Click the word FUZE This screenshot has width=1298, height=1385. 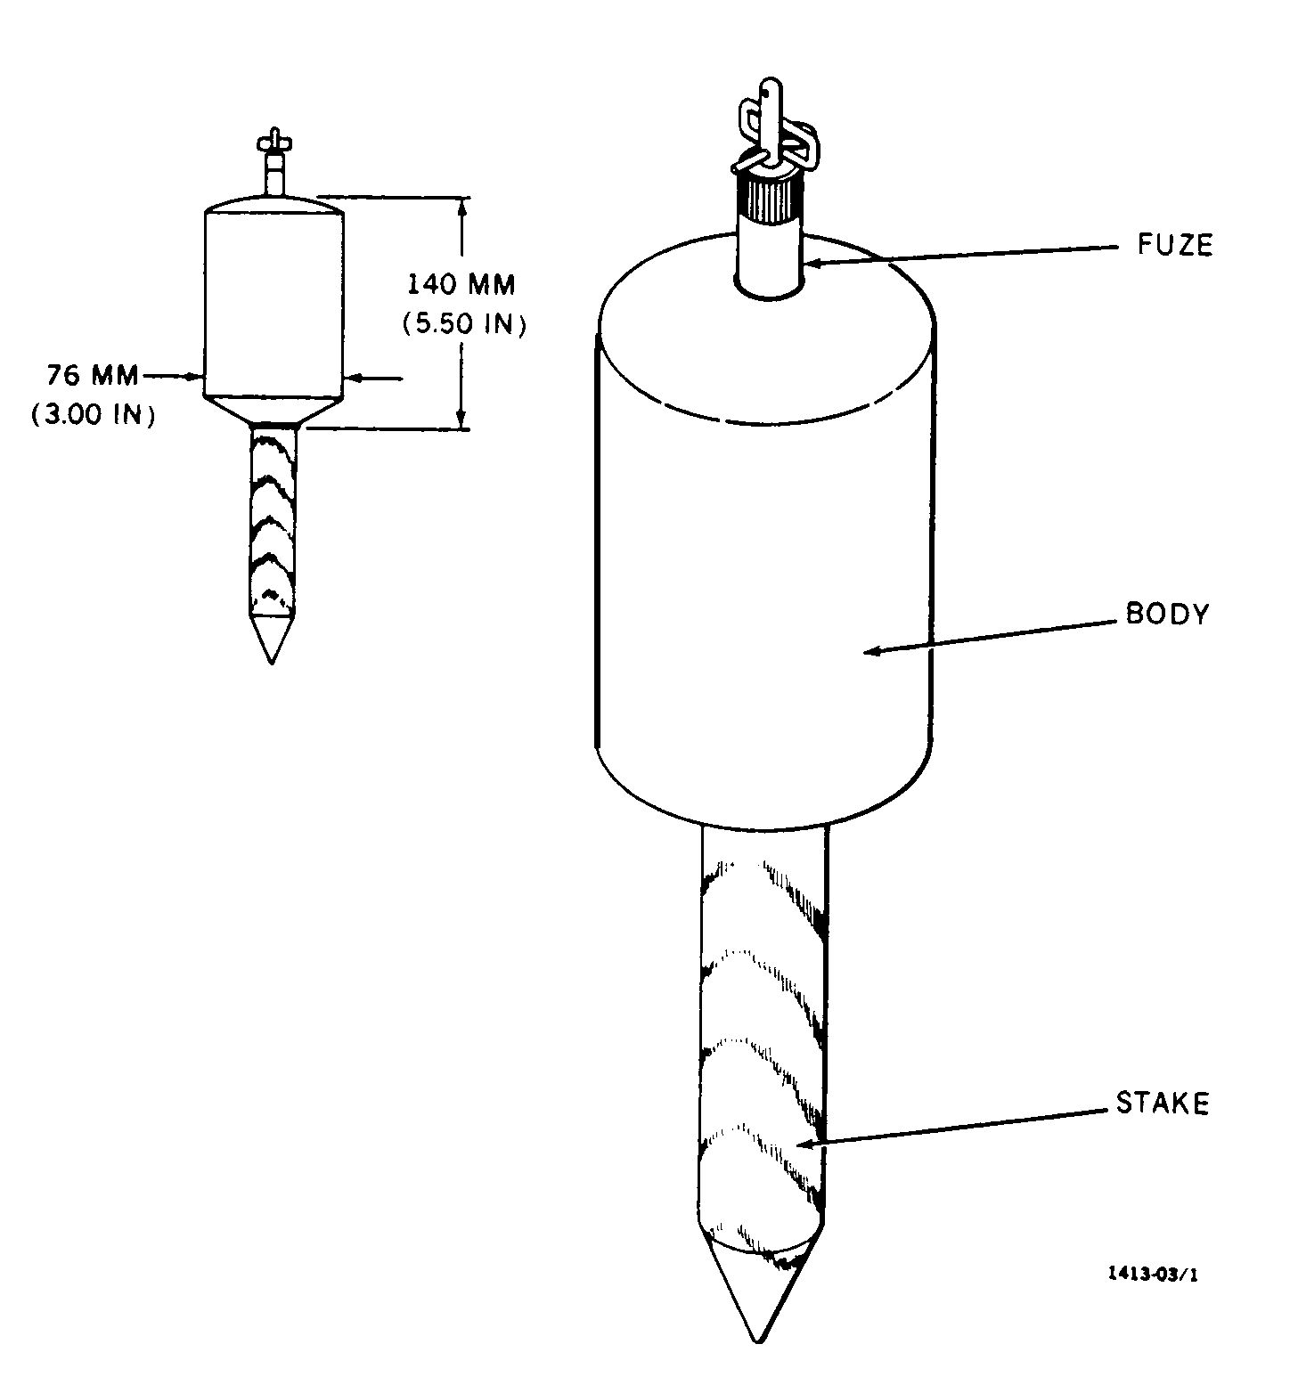tap(1174, 244)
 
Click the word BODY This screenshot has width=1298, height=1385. tap(1167, 615)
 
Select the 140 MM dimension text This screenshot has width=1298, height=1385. tap(461, 285)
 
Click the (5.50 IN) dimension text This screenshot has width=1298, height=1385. tap(463, 324)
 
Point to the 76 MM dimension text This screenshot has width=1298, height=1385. tap(93, 376)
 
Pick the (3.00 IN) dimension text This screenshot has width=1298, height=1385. tap(93, 415)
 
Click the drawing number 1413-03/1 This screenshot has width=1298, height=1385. tap(1153, 1274)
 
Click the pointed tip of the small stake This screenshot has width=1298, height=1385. tap(271, 661)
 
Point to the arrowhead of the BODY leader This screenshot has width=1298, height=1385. tap(871, 651)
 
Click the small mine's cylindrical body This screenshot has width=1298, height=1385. tap(273, 303)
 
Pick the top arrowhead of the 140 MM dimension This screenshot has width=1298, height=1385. tap(461, 205)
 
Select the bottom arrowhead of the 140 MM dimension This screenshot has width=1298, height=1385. tap(461, 419)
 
